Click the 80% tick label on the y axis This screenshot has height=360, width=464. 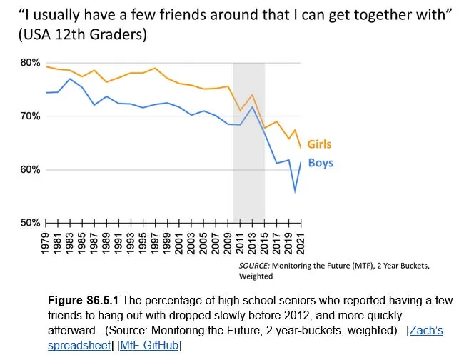(31, 63)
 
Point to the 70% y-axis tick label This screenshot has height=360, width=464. (31, 116)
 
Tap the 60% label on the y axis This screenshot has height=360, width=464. (31, 170)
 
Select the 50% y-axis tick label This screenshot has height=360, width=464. (31, 224)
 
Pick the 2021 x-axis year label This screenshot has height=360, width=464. (301, 242)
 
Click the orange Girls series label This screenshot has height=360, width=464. (319, 144)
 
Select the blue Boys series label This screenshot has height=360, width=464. (321, 164)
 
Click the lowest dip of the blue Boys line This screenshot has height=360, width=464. (294, 191)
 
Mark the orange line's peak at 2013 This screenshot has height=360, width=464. (252, 95)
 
